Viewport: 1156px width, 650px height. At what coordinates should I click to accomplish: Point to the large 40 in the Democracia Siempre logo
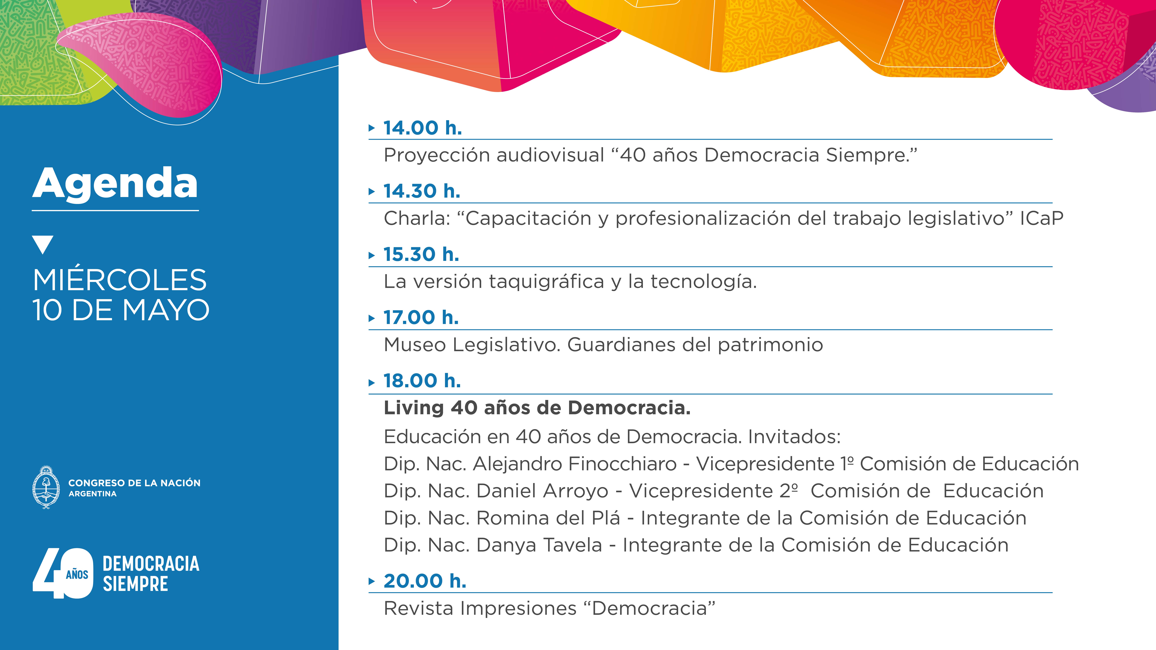[63, 573]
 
